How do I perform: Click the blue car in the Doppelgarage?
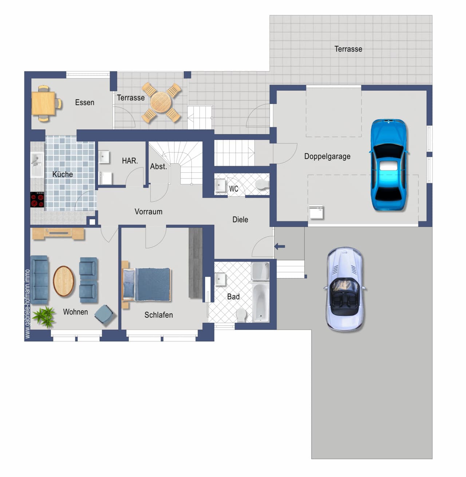(389, 165)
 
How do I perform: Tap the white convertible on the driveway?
(344, 289)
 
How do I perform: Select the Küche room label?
(63, 174)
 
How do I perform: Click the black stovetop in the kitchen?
(37, 200)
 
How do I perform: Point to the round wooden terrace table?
(161, 102)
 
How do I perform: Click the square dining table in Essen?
(43, 103)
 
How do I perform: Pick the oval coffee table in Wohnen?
(64, 281)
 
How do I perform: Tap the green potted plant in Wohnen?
(44, 316)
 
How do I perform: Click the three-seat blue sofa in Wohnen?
(39, 280)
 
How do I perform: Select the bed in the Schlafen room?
(146, 285)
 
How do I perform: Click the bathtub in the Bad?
(261, 302)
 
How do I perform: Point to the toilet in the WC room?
(262, 184)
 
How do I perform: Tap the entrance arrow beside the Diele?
(280, 246)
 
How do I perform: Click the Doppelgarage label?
(327, 156)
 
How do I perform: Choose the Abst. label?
(158, 167)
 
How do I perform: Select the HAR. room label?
(130, 161)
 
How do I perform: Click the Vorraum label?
(149, 212)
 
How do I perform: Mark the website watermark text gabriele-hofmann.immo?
(27, 304)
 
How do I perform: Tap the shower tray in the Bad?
(260, 271)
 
